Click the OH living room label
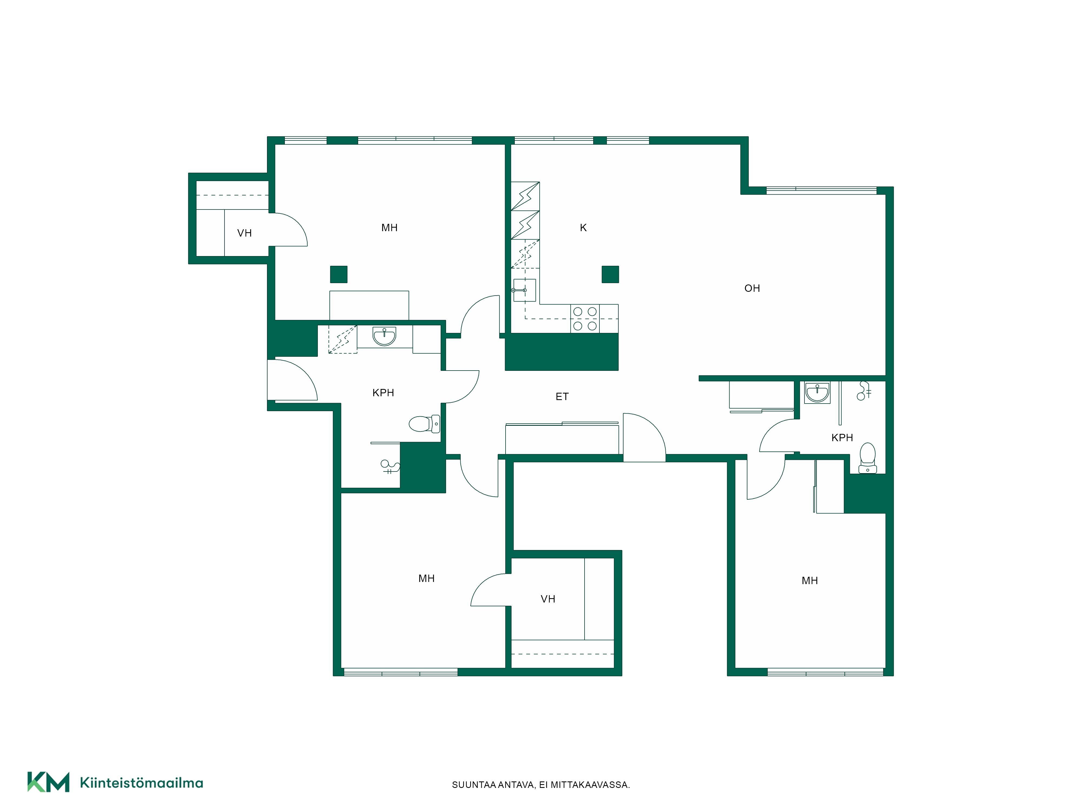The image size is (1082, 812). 752,288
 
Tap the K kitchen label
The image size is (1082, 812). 583,228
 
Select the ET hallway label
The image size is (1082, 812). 562,397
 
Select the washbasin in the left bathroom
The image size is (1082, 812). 384,336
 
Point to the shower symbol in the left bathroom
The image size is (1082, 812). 390,466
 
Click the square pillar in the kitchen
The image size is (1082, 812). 610,274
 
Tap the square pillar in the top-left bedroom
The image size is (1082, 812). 338,274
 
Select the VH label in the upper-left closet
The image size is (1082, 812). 245,233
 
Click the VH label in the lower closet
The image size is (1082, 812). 548,599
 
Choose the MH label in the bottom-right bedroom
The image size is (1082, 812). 810,581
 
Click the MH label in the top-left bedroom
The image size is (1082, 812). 389,228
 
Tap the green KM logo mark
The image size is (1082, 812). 48,782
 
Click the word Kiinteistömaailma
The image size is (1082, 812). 141,783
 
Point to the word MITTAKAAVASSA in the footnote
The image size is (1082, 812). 590,785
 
